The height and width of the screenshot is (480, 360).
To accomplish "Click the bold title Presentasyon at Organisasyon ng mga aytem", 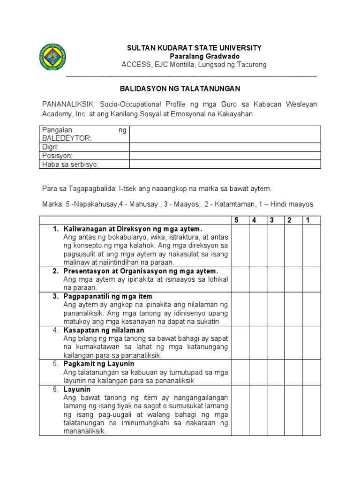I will coord(141,271).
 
